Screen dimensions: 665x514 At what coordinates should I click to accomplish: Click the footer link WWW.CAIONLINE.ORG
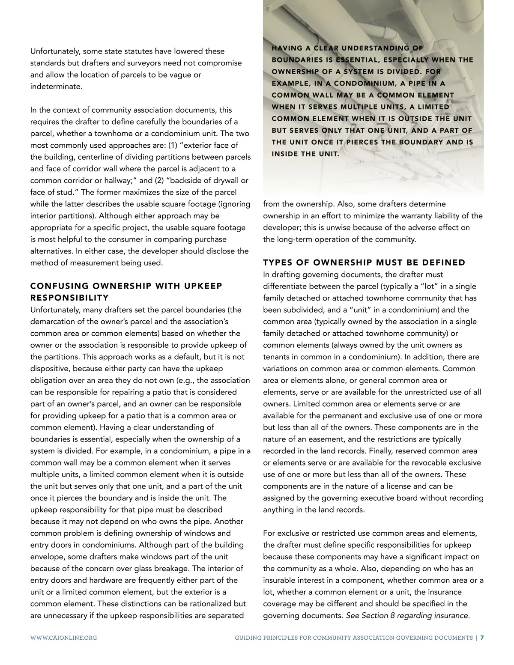click(x=63, y=638)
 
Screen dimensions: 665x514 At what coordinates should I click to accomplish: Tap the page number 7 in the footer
click(x=482, y=638)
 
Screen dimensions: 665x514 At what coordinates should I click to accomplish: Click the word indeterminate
click(x=55, y=86)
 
